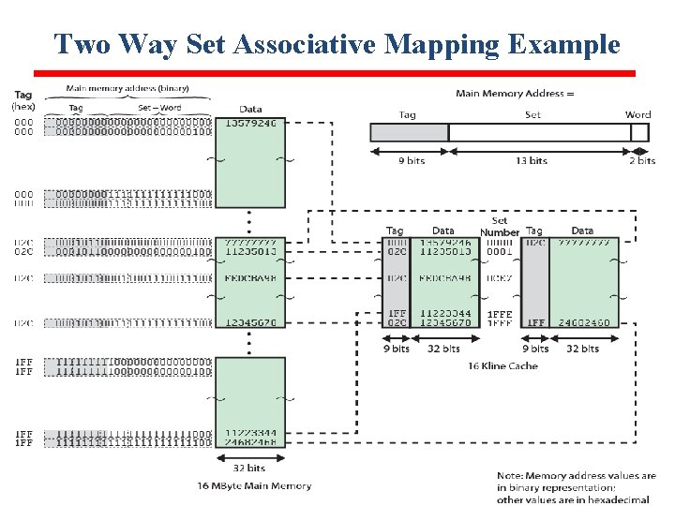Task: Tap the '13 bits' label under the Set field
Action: click(x=532, y=160)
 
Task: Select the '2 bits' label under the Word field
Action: click(x=642, y=160)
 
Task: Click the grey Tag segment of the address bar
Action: click(x=409, y=132)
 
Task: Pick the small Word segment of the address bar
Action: click(x=639, y=132)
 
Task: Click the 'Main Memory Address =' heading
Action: click(x=515, y=93)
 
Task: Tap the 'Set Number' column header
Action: click(x=499, y=227)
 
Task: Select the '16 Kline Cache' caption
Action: click(x=502, y=365)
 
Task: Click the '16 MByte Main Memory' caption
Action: click(x=254, y=485)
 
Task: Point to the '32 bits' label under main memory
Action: click(x=248, y=468)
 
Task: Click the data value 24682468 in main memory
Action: click(x=250, y=442)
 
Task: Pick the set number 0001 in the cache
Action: click(x=499, y=252)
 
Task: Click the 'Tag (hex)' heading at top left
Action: click(x=23, y=100)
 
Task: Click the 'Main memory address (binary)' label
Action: click(x=127, y=88)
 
